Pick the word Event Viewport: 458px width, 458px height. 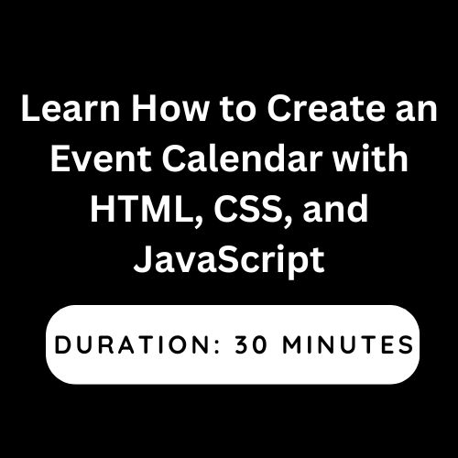(101, 158)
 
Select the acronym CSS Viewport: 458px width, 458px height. (247, 209)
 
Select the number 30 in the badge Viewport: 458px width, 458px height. (251, 344)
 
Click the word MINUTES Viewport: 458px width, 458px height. (348, 344)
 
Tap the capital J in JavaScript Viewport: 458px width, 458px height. (144, 259)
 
